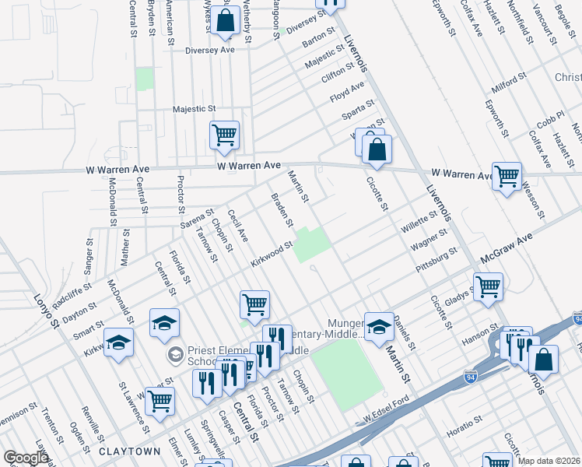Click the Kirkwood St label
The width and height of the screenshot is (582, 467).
tap(271, 254)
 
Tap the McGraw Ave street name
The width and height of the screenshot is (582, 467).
tap(507, 247)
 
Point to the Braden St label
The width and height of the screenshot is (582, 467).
tap(281, 210)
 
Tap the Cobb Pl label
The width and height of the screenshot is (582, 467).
tap(549, 121)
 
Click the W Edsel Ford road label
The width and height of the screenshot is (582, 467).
tap(387, 418)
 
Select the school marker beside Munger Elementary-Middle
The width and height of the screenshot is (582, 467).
tap(379, 326)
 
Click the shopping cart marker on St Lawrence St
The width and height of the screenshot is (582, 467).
tap(160, 402)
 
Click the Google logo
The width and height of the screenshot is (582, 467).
tap(26, 458)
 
